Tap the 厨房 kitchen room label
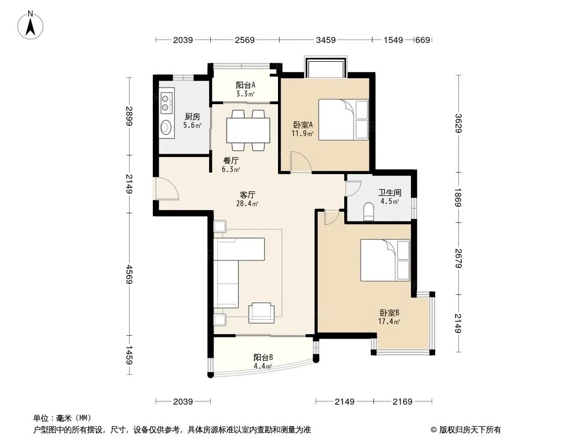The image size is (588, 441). click(193, 117)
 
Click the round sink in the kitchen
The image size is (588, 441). click(165, 127)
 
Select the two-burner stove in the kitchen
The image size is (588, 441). click(165, 103)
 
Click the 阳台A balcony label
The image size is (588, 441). click(245, 85)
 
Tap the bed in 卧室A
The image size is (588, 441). click(344, 120)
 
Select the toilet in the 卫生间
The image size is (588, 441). click(369, 211)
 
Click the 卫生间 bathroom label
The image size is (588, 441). click(389, 192)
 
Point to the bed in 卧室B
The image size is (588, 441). click(385, 260)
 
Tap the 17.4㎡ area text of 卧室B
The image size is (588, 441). click(389, 321)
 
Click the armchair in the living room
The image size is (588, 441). click(261, 313)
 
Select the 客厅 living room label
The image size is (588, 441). click(248, 195)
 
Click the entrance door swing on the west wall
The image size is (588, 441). click(167, 189)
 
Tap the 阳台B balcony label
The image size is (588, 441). click(263, 357)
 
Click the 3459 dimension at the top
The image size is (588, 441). click(325, 40)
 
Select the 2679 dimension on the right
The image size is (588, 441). click(458, 259)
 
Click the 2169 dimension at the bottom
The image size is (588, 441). click(402, 402)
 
